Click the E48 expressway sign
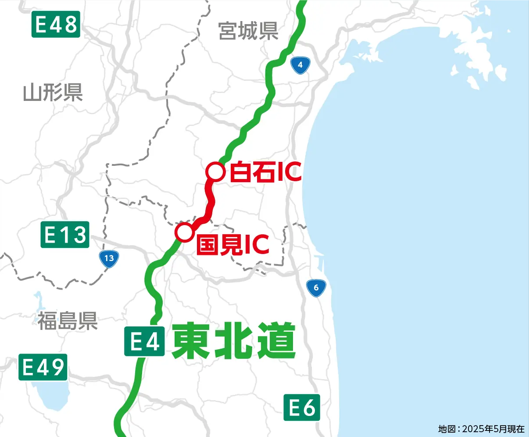click(56, 24)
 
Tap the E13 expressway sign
click(65, 234)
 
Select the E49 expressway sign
click(43, 367)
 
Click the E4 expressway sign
click(144, 341)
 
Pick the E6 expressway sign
click(302, 407)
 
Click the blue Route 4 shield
click(300, 65)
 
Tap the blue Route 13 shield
click(109, 258)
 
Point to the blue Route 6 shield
click(316, 288)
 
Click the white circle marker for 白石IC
click(215, 172)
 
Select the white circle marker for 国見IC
click(184, 232)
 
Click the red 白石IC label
click(266, 172)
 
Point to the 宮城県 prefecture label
click(248, 31)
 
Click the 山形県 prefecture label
click(53, 93)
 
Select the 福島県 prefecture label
click(67, 321)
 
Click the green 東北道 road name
click(233, 341)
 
